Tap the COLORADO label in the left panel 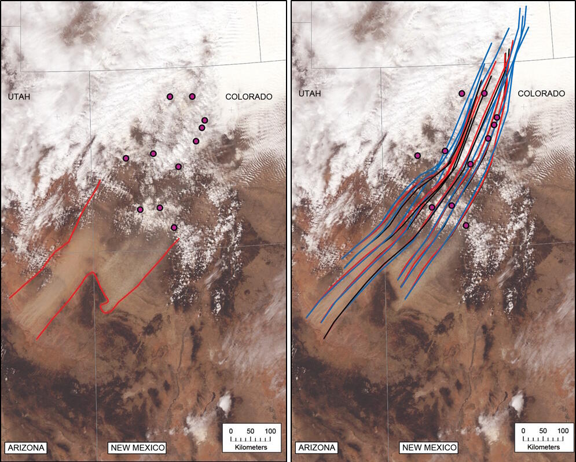coord(249,97)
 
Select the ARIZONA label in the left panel coord(25,448)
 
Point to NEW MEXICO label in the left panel coord(137,448)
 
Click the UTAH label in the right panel coord(310,93)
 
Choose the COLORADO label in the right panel coord(541,93)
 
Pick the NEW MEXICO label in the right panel coord(429,448)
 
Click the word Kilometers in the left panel coord(251,448)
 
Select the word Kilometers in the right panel coord(543,448)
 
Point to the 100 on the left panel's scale coord(270,431)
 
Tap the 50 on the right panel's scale coord(543,431)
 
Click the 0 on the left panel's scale coord(230,431)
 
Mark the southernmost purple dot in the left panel coord(174,228)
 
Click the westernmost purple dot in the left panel coord(126,158)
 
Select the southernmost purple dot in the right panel coord(466,225)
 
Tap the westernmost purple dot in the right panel coord(418,155)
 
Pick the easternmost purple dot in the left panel coord(204,120)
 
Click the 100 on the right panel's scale coord(562,431)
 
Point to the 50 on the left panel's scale coord(251,431)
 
